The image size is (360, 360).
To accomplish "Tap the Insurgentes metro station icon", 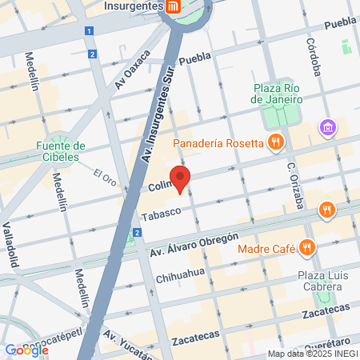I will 173,6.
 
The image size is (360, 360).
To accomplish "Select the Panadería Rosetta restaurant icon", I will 276,143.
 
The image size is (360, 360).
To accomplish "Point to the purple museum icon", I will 326,127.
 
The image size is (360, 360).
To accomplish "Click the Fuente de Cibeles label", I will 61,151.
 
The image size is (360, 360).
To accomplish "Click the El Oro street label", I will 105,176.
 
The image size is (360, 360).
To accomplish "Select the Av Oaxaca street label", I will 132,70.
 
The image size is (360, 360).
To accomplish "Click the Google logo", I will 26,350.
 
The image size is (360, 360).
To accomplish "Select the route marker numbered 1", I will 89,30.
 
